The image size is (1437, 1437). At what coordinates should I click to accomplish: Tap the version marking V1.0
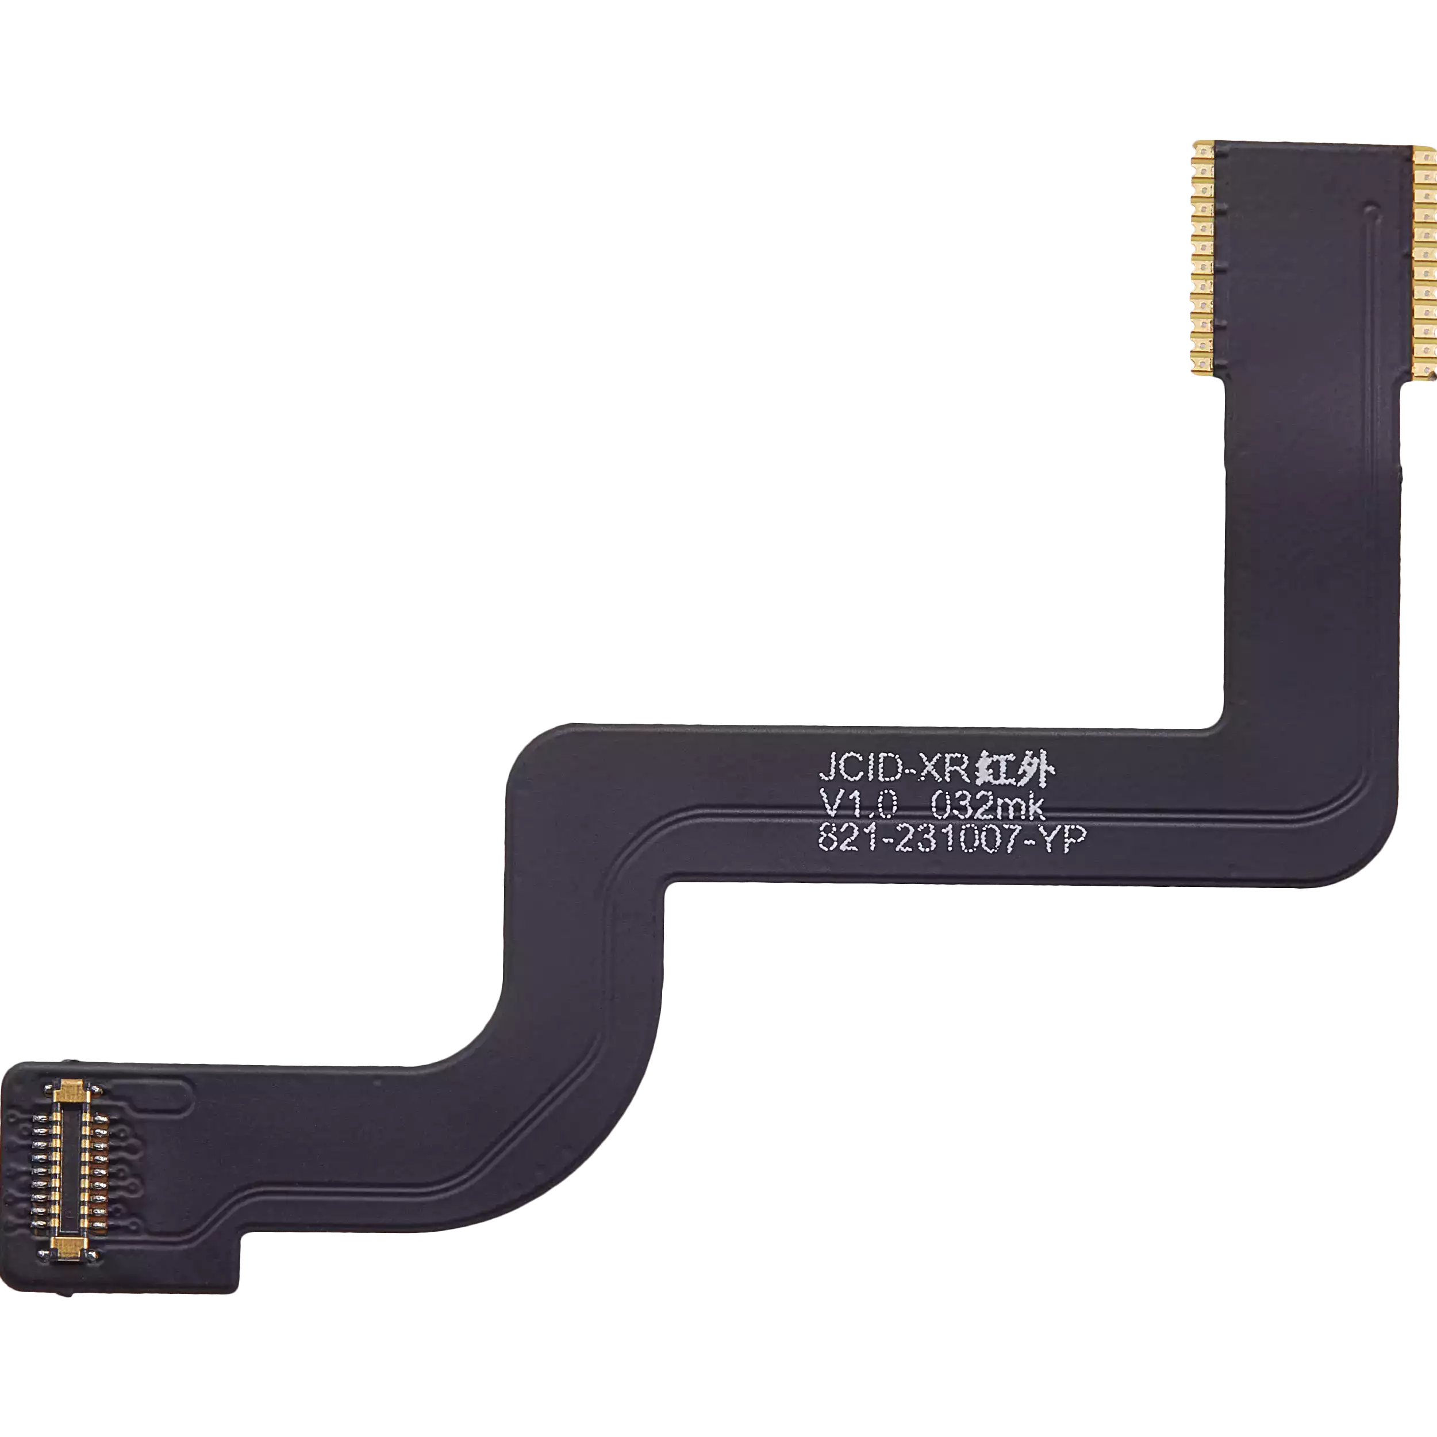860,804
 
